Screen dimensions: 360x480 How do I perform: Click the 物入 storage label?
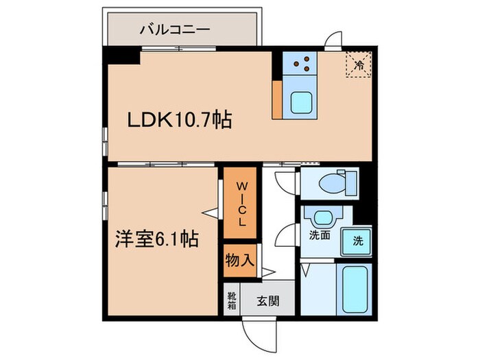[x=240, y=261]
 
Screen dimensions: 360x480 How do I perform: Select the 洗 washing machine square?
[x=358, y=241]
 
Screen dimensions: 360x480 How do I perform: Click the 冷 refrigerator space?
[x=359, y=65]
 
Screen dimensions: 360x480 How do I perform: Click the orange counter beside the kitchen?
[x=277, y=99]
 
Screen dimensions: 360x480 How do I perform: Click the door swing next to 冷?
[x=334, y=40]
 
